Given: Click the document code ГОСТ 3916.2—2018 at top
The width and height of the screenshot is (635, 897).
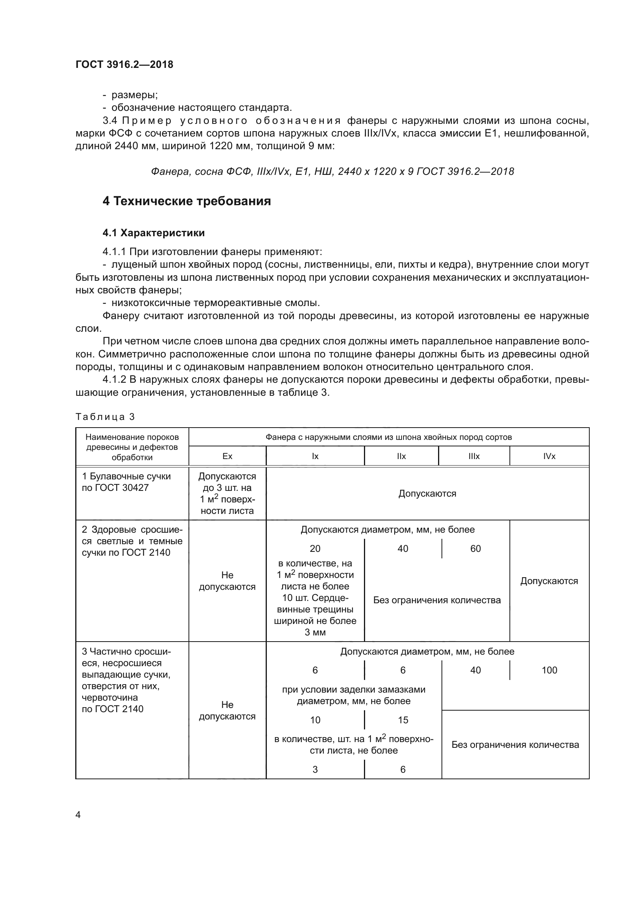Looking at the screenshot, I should point(124,64).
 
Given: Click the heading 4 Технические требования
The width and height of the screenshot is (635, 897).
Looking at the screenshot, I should point(187,201).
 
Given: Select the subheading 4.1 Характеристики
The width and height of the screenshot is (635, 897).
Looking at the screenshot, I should point(153,233).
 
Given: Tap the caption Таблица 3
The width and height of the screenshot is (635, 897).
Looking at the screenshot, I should point(105,416).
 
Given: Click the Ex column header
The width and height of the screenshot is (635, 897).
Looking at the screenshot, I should point(227,456).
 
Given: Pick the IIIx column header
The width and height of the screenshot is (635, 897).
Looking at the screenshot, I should point(474,456).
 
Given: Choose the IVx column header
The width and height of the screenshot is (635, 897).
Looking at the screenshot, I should point(549,456).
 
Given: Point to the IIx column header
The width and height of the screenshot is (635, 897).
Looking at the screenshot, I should point(401,456).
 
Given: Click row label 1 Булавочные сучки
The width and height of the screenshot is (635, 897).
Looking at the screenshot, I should point(126,482).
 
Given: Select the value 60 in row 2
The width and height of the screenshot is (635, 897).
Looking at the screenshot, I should point(475,548).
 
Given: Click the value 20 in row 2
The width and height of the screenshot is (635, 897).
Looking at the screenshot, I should point(315,548).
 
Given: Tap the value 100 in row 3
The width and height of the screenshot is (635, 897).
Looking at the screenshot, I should point(549,670).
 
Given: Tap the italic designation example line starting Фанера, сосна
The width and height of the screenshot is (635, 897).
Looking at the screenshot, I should point(332,171).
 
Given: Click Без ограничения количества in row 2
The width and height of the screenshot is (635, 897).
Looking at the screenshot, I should point(437,600).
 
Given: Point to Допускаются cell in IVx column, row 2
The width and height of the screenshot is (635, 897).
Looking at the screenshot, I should point(549,581).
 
